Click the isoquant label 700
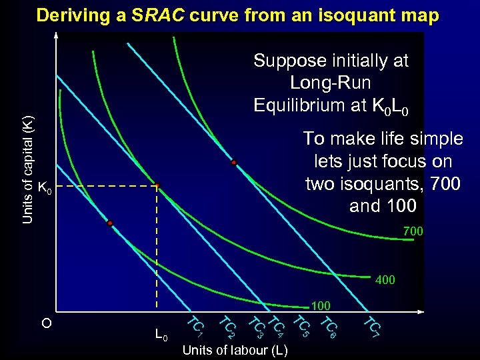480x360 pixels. click(413, 231)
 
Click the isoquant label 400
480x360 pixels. click(385, 280)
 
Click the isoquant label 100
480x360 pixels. click(321, 306)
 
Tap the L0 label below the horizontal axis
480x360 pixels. click(161, 334)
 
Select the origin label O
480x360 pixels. click(46, 324)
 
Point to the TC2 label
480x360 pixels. click(227, 326)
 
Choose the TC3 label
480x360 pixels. click(256, 326)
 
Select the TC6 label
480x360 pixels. click(329, 326)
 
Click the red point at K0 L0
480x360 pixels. click(157, 186)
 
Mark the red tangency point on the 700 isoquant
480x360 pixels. click(234, 162)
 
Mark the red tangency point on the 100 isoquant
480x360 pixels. click(110, 223)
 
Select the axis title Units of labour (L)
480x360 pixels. click(235, 350)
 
